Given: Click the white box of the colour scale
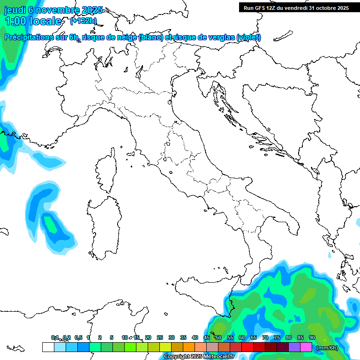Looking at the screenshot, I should [x=48, y=347].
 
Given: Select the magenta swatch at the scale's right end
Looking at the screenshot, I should [x=306, y=347].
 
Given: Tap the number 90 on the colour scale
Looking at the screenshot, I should [x=312, y=337].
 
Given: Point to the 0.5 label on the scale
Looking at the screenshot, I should [x=78, y=337].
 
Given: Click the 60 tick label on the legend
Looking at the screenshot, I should [x=242, y=337].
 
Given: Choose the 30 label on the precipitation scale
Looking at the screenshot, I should [x=172, y=337].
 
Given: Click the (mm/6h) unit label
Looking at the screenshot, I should [x=327, y=347].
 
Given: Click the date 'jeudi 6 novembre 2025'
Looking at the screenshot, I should [x=53, y=10].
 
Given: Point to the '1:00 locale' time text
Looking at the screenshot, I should [x=33, y=21].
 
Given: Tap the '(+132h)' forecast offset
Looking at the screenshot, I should [x=83, y=21].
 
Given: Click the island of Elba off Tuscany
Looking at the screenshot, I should [x=132, y=153].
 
